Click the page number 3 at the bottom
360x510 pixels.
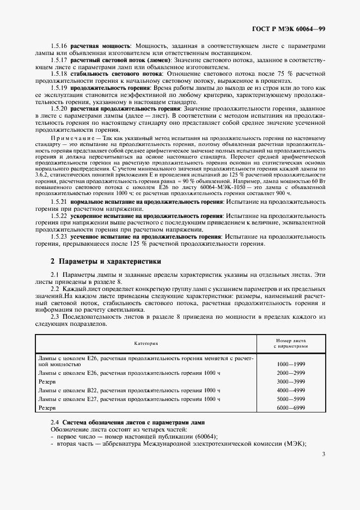coord(324,453)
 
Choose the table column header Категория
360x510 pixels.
coord(146,343)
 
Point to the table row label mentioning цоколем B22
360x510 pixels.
coord(129,390)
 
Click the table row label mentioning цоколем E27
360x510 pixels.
coord(129,399)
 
